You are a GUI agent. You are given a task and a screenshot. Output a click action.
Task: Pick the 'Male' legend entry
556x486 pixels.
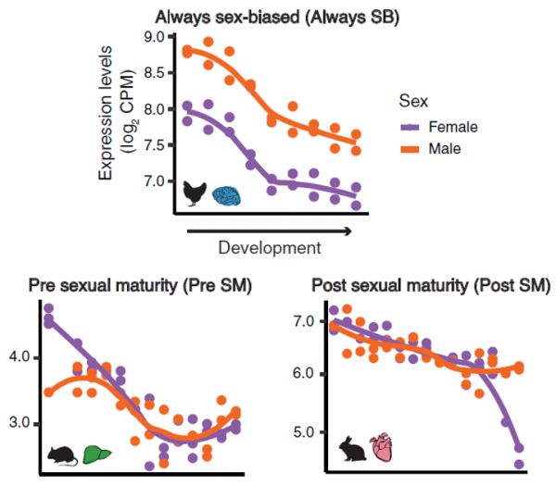(445, 148)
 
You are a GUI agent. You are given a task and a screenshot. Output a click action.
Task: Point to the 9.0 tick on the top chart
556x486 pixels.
(149, 37)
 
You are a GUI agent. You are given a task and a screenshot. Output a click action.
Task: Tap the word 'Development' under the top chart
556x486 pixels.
(270, 247)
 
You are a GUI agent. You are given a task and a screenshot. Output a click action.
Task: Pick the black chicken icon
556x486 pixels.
(195, 193)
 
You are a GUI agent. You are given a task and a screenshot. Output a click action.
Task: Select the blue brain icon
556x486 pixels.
(227, 194)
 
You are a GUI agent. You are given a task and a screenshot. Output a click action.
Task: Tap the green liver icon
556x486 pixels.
(94, 455)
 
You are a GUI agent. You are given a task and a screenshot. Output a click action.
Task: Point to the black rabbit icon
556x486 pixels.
(356, 448)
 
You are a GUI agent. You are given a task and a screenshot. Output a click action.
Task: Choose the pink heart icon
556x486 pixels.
(384, 448)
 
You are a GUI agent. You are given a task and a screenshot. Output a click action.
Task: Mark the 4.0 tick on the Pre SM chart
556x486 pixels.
(20, 356)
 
